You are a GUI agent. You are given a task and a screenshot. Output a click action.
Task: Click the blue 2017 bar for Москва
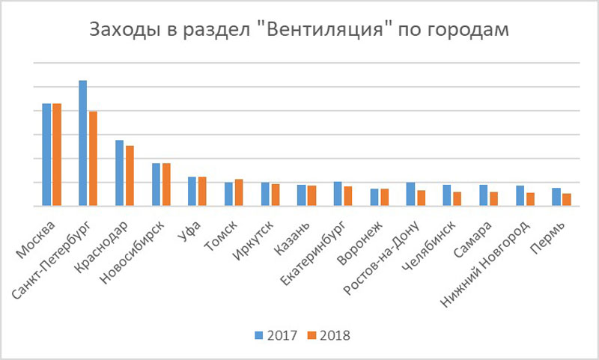pyautogui.click(x=46, y=155)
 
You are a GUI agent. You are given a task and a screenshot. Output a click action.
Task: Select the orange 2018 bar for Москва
pyautogui.click(x=56, y=155)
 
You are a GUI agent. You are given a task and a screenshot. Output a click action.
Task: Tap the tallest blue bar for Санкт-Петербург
pyautogui.click(x=83, y=143)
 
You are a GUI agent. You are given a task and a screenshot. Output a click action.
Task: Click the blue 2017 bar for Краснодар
pyautogui.click(x=119, y=173)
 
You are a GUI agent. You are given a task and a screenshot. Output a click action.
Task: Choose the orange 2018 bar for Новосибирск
pyautogui.click(x=166, y=184)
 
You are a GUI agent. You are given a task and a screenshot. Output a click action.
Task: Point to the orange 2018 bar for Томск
pyautogui.click(x=239, y=192)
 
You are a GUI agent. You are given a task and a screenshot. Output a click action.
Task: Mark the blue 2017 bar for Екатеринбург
pyautogui.click(x=338, y=194)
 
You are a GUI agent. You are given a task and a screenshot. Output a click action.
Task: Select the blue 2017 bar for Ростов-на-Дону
pyautogui.click(x=410, y=194)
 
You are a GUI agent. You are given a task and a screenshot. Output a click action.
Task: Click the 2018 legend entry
pyautogui.click(x=329, y=335)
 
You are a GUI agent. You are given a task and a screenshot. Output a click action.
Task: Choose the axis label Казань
pyautogui.click(x=292, y=237)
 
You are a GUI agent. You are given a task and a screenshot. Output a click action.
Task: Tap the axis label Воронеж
pyautogui.click(x=363, y=241)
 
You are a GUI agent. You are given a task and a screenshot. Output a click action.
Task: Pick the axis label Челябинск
pyautogui.click(x=433, y=244)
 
